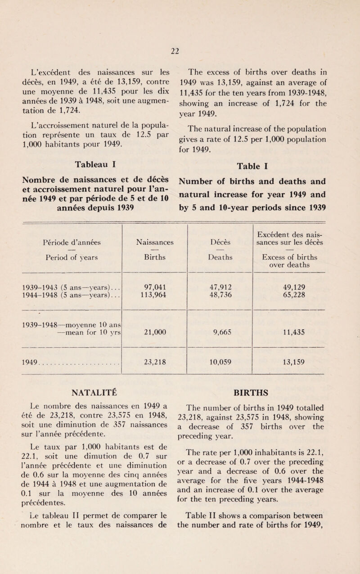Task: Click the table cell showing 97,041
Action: (154, 287)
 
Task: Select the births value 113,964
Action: (154, 296)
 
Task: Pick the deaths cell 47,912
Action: (220, 287)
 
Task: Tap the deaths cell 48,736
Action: (220, 296)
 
